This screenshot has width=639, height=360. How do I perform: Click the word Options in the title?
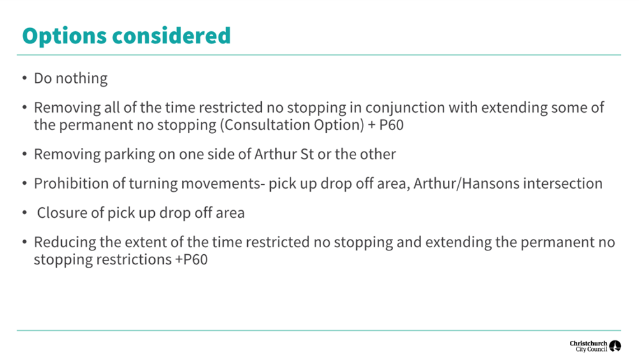point(64,36)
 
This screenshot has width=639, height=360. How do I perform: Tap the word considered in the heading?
point(171,35)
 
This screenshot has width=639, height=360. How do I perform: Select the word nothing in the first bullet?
point(82,78)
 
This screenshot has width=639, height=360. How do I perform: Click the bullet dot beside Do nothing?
point(25,78)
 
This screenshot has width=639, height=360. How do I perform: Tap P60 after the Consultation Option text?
point(391,125)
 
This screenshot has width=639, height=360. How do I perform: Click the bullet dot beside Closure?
point(25,212)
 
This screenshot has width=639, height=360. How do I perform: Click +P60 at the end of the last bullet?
point(191,260)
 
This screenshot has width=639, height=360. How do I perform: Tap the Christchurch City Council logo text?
point(589,346)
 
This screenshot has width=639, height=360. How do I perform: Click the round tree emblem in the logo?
point(615,346)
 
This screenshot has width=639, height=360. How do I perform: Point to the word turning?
point(154,184)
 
